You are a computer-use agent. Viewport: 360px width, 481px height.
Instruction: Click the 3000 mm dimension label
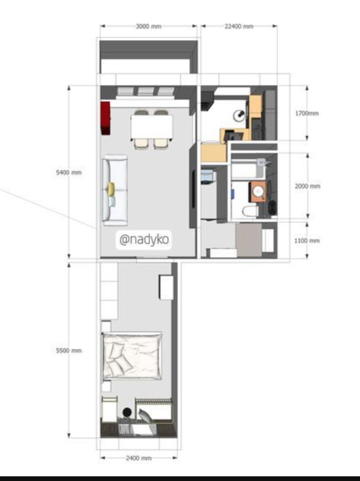pos(149,26)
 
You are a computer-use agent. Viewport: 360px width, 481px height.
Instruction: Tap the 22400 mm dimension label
pos(239,26)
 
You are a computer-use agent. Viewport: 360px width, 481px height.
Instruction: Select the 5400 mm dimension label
pos(69,173)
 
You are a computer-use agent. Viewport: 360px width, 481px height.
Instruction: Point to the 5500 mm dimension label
pos(69,351)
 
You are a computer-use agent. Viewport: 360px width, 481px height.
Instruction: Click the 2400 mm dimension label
pos(139,458)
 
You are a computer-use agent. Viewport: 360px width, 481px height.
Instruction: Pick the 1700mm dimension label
pos(307,113)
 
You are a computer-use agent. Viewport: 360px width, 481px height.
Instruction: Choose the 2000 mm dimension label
pos(307,186)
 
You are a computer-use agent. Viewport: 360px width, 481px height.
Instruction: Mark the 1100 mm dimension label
pos(307,240)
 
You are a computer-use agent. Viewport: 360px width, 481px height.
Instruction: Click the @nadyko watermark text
pos(144,239)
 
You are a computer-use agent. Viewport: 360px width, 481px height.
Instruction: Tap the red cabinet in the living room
pos(105,118)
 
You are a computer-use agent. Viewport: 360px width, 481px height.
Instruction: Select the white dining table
pos(152,127)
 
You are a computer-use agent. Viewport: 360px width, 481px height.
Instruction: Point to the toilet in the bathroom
pos(250,211)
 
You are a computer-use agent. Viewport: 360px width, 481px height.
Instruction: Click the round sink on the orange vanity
pos(258,192)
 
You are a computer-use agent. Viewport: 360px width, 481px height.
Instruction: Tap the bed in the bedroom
pos(132,356)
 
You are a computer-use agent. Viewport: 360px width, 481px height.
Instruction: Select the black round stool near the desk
pos(127,412)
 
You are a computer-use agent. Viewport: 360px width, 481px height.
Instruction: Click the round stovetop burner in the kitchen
pos(239,114)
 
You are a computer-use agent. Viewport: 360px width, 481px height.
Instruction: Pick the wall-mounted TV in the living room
pos(194,189)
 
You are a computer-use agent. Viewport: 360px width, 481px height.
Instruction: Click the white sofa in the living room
pos(115,190)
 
